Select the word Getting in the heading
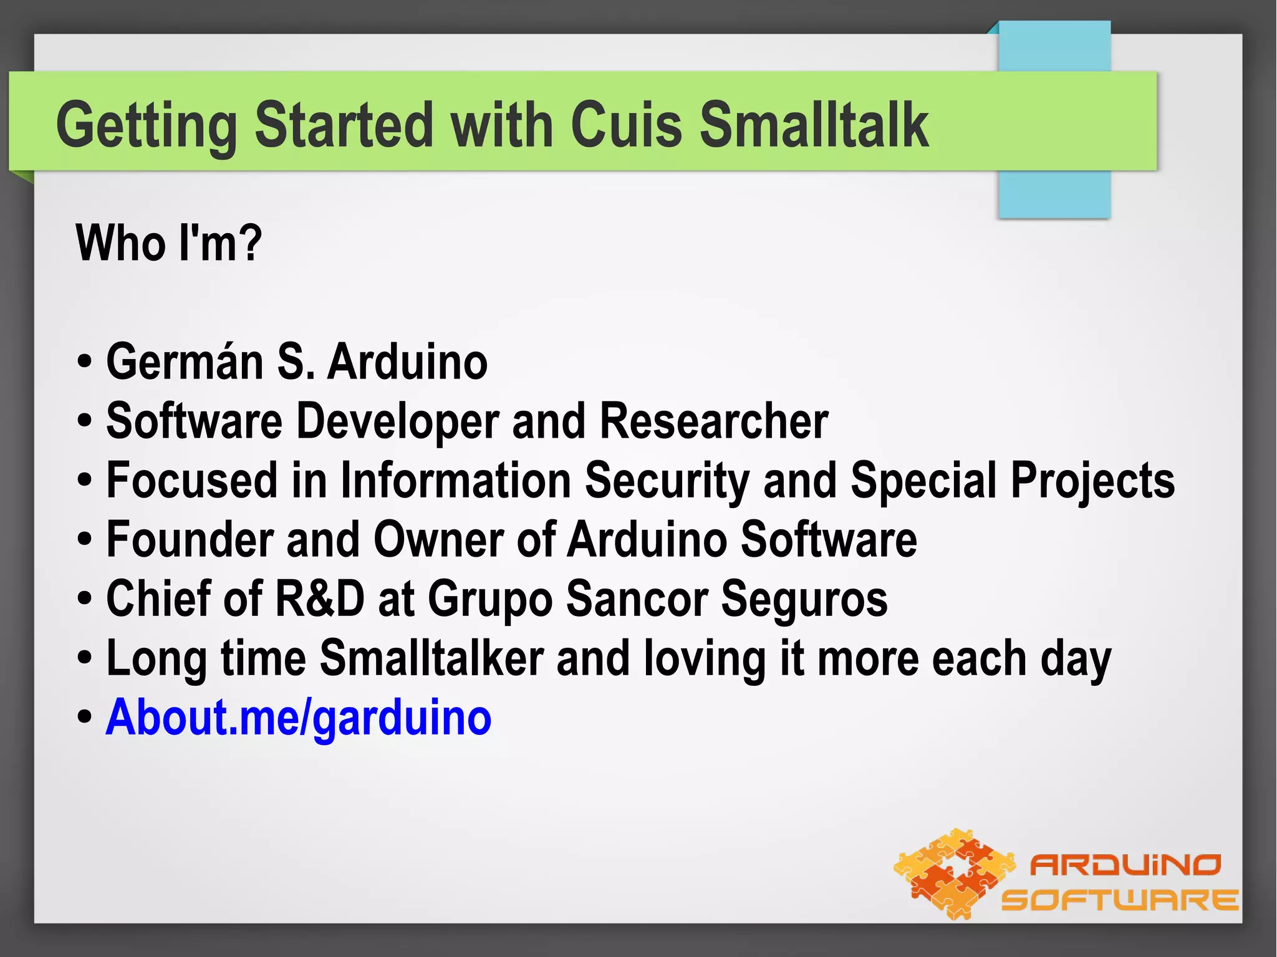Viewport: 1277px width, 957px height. coord(147,126)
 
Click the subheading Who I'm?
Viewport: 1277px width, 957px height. coord(168,243)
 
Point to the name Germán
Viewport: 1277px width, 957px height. coord(185,362)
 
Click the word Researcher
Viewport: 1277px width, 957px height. coord(714,421)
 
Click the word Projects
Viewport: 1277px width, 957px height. coord(1092,481)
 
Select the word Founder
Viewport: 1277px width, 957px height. coord(190,539)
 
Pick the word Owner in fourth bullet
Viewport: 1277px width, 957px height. coord(438,539)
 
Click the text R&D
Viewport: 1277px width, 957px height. coord(319,599)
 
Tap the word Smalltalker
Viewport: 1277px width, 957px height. coord(431,658)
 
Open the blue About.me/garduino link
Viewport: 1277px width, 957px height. coord(298,718)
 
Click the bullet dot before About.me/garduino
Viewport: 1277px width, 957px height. coord(85,718)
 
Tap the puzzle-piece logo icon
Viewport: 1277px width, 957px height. coord(954,873)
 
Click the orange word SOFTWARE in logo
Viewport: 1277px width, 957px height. coord(1119,900)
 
